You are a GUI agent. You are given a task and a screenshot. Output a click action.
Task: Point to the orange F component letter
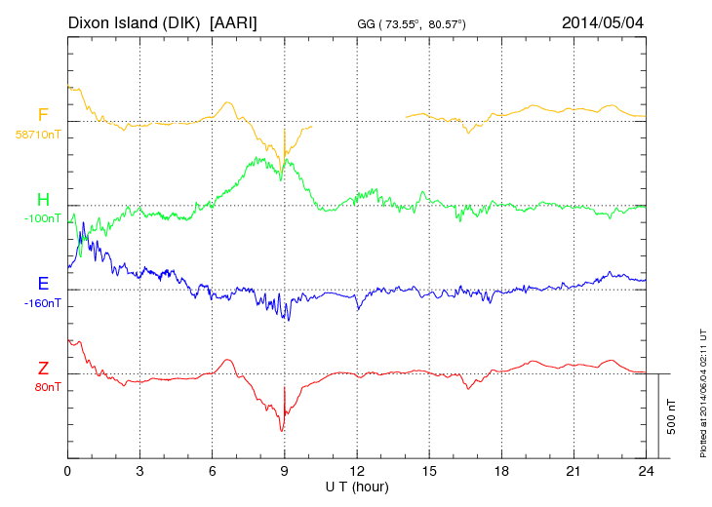pyautogui.click(x=43, y=116)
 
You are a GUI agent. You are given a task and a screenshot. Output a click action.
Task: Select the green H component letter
pyautogui.click(x=43, y=200)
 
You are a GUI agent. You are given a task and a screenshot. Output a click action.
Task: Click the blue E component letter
pyautogui.click(x=43, y=285)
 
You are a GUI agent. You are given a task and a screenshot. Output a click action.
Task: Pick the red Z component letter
pyautogui.click(x=43, y=369)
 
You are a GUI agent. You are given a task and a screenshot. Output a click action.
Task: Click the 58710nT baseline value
pyautogui.click(x=38, y=134)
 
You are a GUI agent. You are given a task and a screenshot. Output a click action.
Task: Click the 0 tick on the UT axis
pyautogui.click(x=67, y=471)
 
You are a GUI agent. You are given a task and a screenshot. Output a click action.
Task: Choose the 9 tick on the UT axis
pyautogui.click(x=284, y=471)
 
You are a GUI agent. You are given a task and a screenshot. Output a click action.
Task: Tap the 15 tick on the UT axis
pyautogui.click(x=428, y=471)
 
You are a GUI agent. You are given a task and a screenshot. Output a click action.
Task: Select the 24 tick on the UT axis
pyautogui.click(x=645, y=471)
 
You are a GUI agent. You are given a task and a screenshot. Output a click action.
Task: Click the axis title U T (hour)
pyautogui.click(x=357, y=486)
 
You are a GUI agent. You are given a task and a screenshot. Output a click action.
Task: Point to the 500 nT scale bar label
pyautogui.click(x=672, y=416)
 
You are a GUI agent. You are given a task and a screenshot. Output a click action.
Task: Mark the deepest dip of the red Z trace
pyautogui.click(x=282, y=430)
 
